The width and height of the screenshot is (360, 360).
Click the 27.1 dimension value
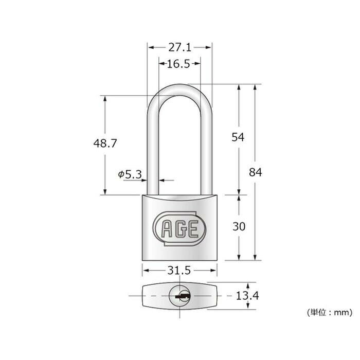pos(180,47)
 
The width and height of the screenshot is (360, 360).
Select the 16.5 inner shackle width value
pos(178,64)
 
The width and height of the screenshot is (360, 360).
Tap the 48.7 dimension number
pos(105,143)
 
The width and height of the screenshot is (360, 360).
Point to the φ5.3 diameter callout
pos(130,174)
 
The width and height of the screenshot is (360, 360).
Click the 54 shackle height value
pos(238,137)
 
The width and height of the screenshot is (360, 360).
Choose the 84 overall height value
pos(255,172)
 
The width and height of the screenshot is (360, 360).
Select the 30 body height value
pos(239,227)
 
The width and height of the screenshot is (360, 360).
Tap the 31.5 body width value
pos(179,271)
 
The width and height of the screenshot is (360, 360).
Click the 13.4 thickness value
pos(247,296)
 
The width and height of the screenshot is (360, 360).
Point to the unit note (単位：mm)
pos(330,312)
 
